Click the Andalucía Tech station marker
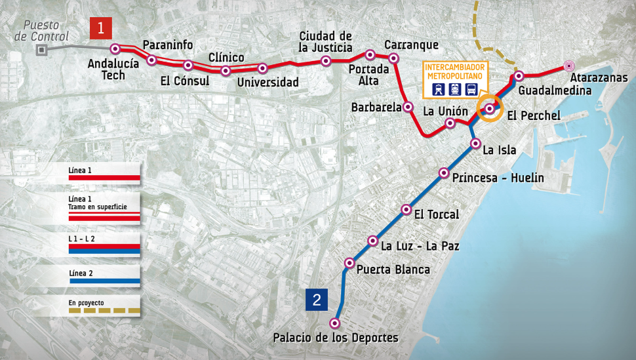pos(115,49)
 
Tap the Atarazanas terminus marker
pos(569,66)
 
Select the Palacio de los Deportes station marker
pos(335,323)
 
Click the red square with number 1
pos(101,28)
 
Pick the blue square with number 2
pos(317,301)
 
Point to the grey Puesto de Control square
pos(42,49)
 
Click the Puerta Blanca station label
pos(393,270)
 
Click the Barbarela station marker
pos(408,106)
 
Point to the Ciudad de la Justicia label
pos(325,41)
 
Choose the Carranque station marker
pos(394,58)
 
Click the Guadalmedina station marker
pos(519,76)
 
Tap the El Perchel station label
pos(534,116)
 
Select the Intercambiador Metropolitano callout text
pos(454,71)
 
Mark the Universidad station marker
pos(263,68)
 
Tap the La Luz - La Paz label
pos(420,247)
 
